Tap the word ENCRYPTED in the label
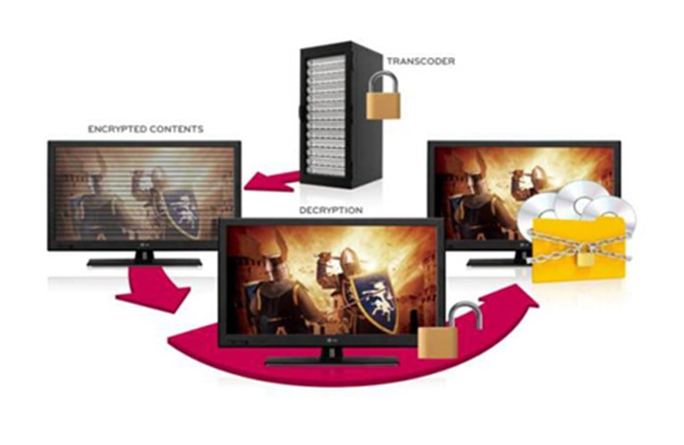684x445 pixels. (x=116, y=129)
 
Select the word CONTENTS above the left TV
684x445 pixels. (x=176, y=129)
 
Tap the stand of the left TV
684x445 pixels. (x=143, y=260)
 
